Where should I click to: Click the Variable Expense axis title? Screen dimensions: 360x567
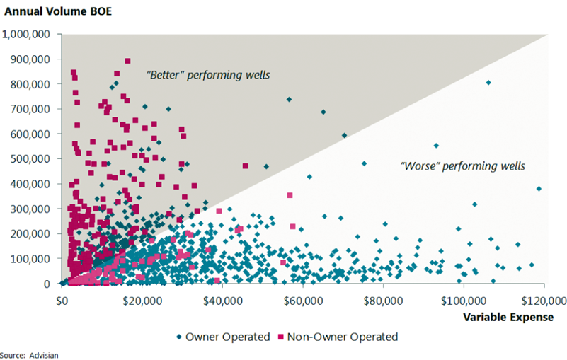pyautogui.click(x=508, y=317)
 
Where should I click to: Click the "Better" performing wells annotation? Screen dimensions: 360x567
pyautogui.click(x=208, y=74)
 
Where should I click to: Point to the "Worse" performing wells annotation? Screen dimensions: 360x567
pyautogui.click(x=463, y=166)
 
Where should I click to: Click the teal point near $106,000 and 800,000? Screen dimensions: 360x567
pyautogui.click(x=488, y=83)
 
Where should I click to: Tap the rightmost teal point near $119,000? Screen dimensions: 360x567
pyautogui.click(x=539, y=189)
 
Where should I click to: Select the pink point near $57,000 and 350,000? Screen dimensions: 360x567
pyautogui.click(x=290, y=195)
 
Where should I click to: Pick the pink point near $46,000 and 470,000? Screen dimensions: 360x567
pyautogui.click(x=246, y=166)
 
